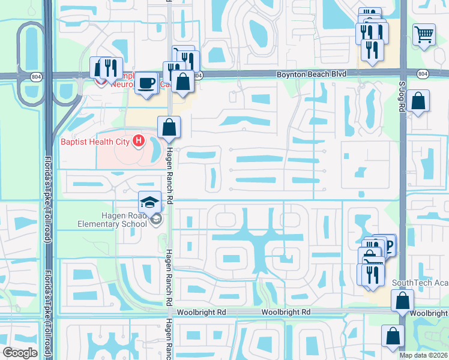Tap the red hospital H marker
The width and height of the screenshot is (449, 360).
point(139,142)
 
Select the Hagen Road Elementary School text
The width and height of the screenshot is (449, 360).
point(112,220)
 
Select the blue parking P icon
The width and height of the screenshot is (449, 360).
point(388,246)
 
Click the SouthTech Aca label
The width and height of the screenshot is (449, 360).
point(420,283)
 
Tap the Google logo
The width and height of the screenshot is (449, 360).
point(20,353)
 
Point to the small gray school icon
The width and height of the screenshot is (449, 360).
point(157,220)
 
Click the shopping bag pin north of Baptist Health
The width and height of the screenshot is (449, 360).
point(169,127)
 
